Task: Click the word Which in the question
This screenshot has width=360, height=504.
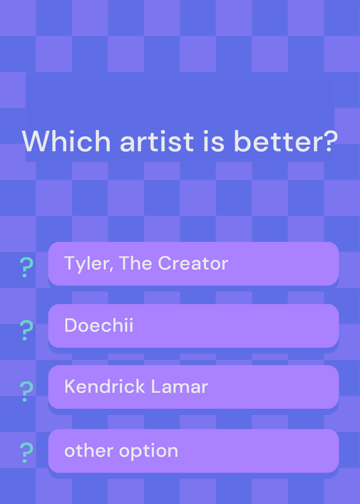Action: (x=66, y=141)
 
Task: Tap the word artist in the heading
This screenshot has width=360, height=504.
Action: (x=157, y=142)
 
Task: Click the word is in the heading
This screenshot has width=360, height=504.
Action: (x=214, y=141)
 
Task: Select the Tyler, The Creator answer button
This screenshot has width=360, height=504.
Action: (x=194, y=263)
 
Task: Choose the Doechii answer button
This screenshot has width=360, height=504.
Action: (x=194, y=326)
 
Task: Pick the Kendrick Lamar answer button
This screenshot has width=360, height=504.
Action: (x=194, y=387)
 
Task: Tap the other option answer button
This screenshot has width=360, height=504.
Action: (x=194, y=450)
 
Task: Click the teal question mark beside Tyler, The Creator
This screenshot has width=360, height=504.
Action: (x=26, y=267)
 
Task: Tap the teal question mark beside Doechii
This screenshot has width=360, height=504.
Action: (x=26, y=330)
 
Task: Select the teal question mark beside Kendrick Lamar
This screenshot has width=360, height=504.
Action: (x=26, y=391)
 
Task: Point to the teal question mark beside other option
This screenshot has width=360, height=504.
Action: (x=26, y=452)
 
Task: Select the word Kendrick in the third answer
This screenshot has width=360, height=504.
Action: (x=105, y=386)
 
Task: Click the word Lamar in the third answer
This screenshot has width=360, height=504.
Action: (x=180, y=386)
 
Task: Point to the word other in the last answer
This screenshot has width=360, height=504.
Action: (x=89, y=450)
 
